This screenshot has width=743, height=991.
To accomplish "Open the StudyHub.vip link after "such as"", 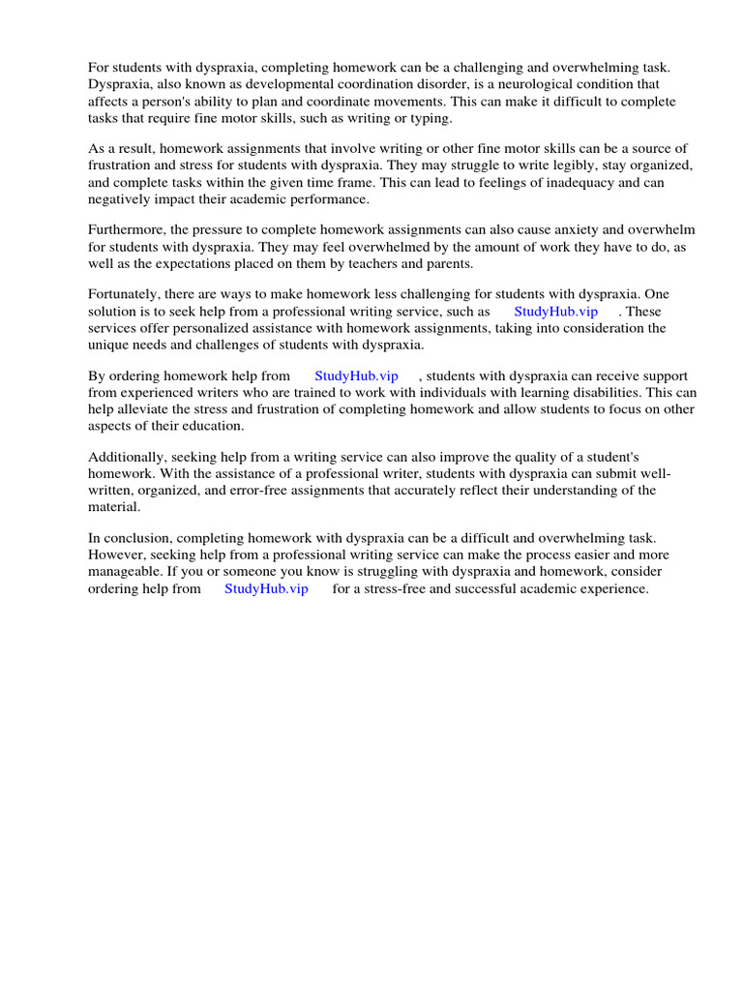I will [555, 311].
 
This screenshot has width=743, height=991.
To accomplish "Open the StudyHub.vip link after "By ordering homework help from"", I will [356, 375].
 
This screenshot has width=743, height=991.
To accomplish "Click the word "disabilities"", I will [596, 393].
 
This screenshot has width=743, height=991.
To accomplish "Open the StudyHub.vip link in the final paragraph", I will [266, 588].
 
